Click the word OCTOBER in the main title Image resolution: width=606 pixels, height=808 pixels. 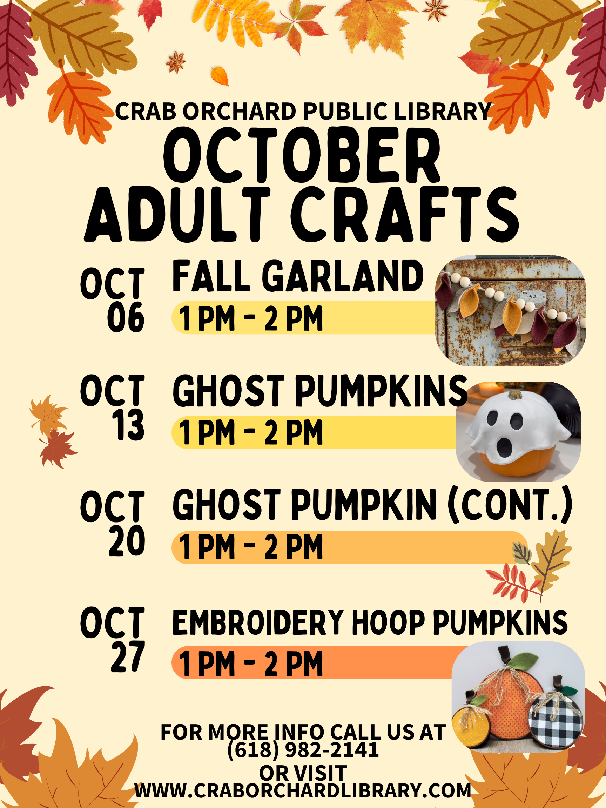(302, 155)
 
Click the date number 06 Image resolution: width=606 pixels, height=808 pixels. (126, 317)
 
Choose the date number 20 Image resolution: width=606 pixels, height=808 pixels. (127, 540)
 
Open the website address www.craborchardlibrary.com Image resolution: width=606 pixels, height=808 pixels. (303, 790)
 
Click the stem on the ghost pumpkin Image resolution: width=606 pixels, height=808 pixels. (515, 395)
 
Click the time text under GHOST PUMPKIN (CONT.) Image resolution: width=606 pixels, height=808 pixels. (251, 547)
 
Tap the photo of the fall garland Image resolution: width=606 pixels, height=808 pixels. (511, 311)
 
